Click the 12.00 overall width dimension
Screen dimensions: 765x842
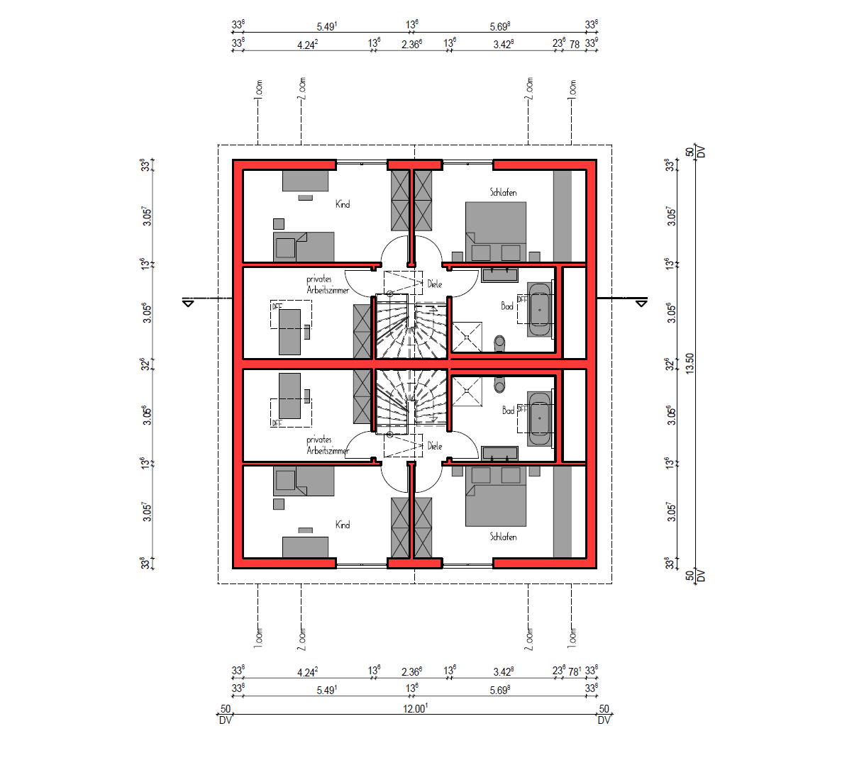(415, 708)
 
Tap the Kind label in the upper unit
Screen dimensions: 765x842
(343, 204)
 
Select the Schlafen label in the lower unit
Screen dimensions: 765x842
(503, 537)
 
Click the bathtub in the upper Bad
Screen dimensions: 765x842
(540, 310)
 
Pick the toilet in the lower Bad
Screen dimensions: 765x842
(500, 384)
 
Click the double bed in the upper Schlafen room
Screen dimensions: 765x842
(496, 231)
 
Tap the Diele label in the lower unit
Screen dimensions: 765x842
(435, 446)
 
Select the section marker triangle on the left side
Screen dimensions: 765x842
(188, 303)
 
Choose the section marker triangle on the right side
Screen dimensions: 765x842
(641, 303)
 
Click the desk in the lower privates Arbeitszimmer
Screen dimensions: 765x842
(290, 396)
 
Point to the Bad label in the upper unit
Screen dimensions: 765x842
(507, 306)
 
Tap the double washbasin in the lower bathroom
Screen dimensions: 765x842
(499, 454)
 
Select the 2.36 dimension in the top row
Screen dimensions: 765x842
(411, 44)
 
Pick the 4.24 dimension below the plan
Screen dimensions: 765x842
(307, 671)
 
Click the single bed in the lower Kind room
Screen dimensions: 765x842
(304, 482)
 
